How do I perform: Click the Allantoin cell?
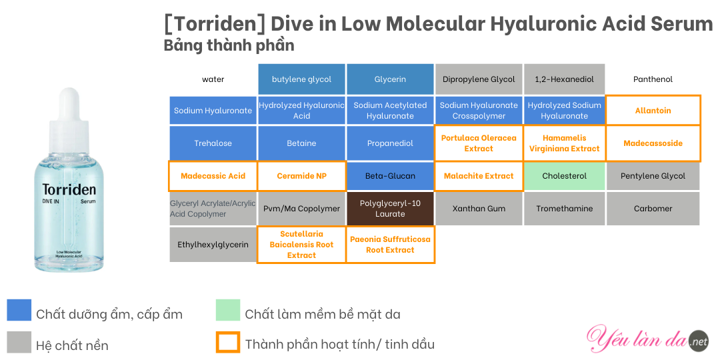[x=653, y=111]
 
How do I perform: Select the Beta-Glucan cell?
[x=390, y=176]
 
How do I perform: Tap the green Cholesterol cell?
[x=565, y=176]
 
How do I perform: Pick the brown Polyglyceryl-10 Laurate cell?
[x=390, y=209]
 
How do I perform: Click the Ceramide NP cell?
[x=302, y=176]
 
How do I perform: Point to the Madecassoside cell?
[x=653, y=143]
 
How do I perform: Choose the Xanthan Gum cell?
[x=479, y=209]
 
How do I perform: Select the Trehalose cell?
[x=213, y=143]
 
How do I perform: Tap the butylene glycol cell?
[x=302, y=79]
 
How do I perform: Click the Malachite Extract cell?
[x=479, y=176]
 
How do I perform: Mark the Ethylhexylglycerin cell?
[x=213, y=245]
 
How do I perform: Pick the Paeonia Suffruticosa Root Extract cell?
[x=390, y=245]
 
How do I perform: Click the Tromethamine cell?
[x=565, y=209]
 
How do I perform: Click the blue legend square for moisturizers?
[x=19, y=310]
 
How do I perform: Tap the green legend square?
[x=228, y=310]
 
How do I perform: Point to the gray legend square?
[x=19, y=342]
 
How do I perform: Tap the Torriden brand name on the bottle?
[x=69, y=189]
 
